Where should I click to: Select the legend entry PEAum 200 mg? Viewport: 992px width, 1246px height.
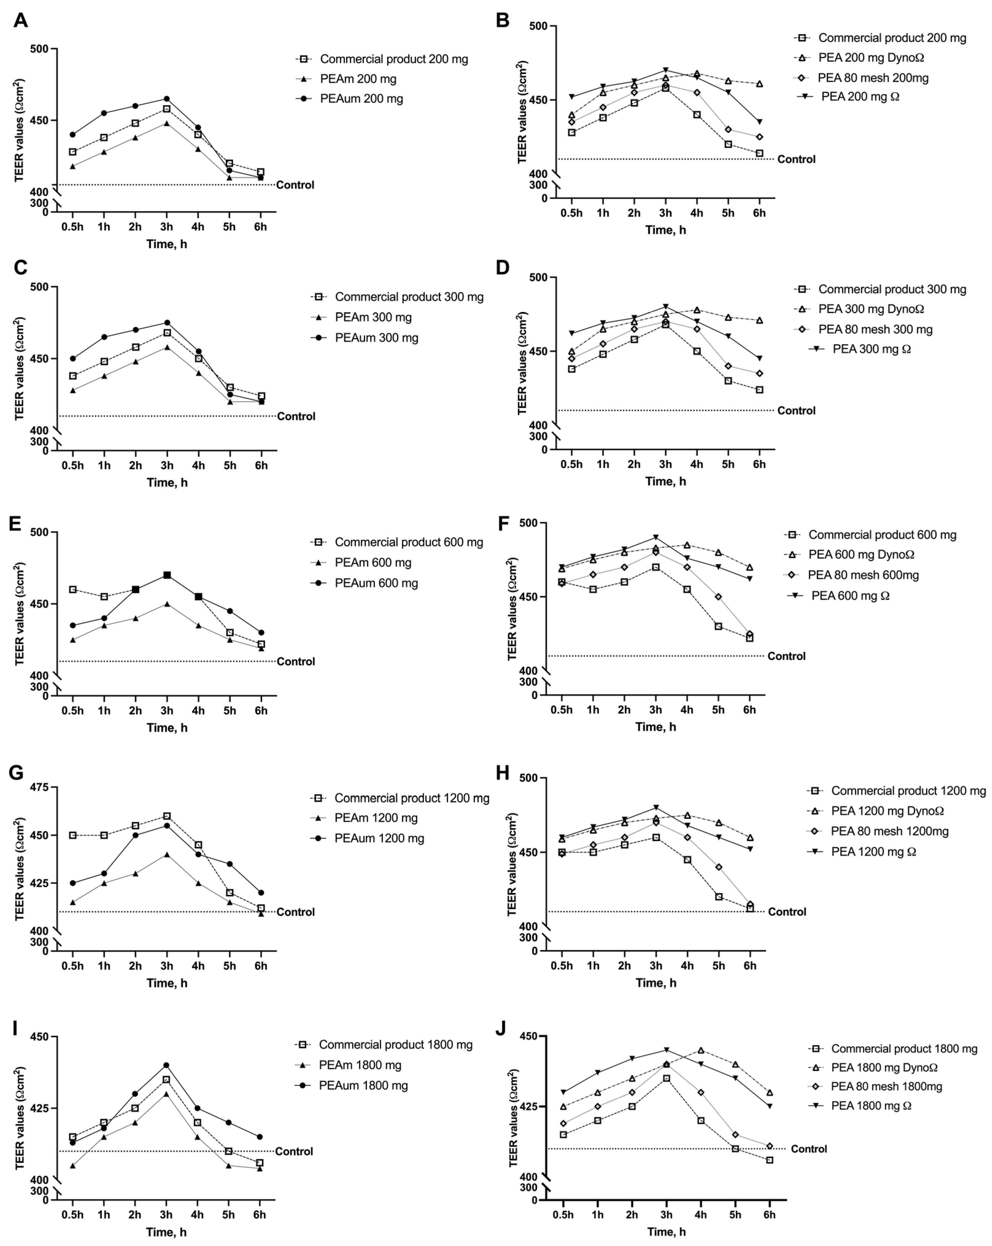[x=361, y=99]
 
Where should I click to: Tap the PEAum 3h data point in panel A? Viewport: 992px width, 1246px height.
[x=166, y=99]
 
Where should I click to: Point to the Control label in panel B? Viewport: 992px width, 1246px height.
[x=796, y=160]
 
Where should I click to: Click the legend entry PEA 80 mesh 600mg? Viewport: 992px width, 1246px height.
[x=863, y=575]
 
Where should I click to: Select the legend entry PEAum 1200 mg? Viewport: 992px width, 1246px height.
[x=379, y=838]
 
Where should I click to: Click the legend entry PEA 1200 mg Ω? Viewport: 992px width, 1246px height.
[x=874, y=852]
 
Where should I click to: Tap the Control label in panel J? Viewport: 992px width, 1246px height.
[x=808, y=1149]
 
